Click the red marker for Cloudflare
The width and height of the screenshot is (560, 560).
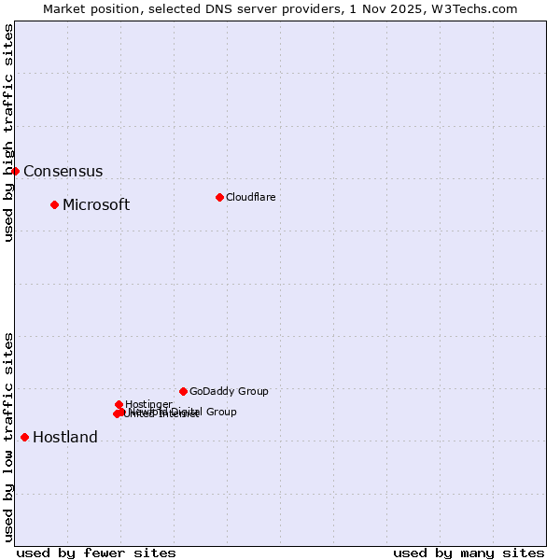[219, 197]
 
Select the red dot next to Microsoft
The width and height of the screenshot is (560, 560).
[54, 204]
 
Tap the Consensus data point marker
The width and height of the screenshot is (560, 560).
[15, 171]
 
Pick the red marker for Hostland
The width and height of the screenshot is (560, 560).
[24, 437]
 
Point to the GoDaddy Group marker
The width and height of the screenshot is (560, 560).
[183, 391]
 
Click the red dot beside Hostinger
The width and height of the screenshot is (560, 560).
[119, 404]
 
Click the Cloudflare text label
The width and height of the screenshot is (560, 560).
[250, 197]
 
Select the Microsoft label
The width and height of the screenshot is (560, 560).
[96, 205]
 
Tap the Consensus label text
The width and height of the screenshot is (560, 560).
[63, 172]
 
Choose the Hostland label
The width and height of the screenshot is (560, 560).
[64, 438]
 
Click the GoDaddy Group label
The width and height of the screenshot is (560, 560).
[229, 392]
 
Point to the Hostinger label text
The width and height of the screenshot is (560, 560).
[148, 404]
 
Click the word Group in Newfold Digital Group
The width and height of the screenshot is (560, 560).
[221, 412]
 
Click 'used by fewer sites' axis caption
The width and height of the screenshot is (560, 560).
[96, 553]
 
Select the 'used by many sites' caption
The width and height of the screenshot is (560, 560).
[469, 553]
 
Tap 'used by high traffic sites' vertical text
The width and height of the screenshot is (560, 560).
[8, 133]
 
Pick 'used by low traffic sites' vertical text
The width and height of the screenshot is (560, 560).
[8, 437]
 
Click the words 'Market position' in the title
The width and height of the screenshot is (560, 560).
[85, 8]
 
